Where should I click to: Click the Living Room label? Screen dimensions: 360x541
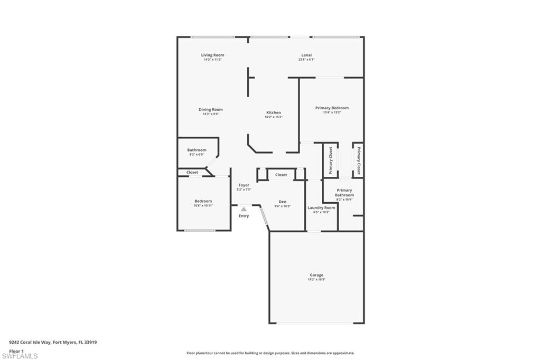tap(212, 55)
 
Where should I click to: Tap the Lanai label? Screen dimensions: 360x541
tap(306, 55)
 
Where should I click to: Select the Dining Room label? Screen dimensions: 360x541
tap(210, 110)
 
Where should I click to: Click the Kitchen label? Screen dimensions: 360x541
tap(273, 112)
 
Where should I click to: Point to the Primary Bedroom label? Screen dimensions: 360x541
tap(332, 108)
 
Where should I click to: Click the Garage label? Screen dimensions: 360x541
tap(316, 275)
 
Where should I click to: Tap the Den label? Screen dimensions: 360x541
tap(283, 202)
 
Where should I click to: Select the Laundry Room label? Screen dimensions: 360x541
tap(321, 208)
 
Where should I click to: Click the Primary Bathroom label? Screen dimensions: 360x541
tap(344, 193)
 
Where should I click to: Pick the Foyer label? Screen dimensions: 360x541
tap(244, 185)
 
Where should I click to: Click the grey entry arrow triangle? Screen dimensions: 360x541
tap(244, 210)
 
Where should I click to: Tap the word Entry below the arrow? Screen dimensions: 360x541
tap(244, 216)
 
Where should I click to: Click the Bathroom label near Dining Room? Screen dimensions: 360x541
tap(197, 150)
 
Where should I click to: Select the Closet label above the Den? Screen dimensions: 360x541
tap(281, 175)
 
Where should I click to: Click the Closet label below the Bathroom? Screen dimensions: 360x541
tap(192, 172)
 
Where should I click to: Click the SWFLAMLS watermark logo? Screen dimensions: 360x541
tap(20, 356)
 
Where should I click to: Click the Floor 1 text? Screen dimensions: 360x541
tap(16, 351)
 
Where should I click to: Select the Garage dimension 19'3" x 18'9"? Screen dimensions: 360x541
tap(316, 280)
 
